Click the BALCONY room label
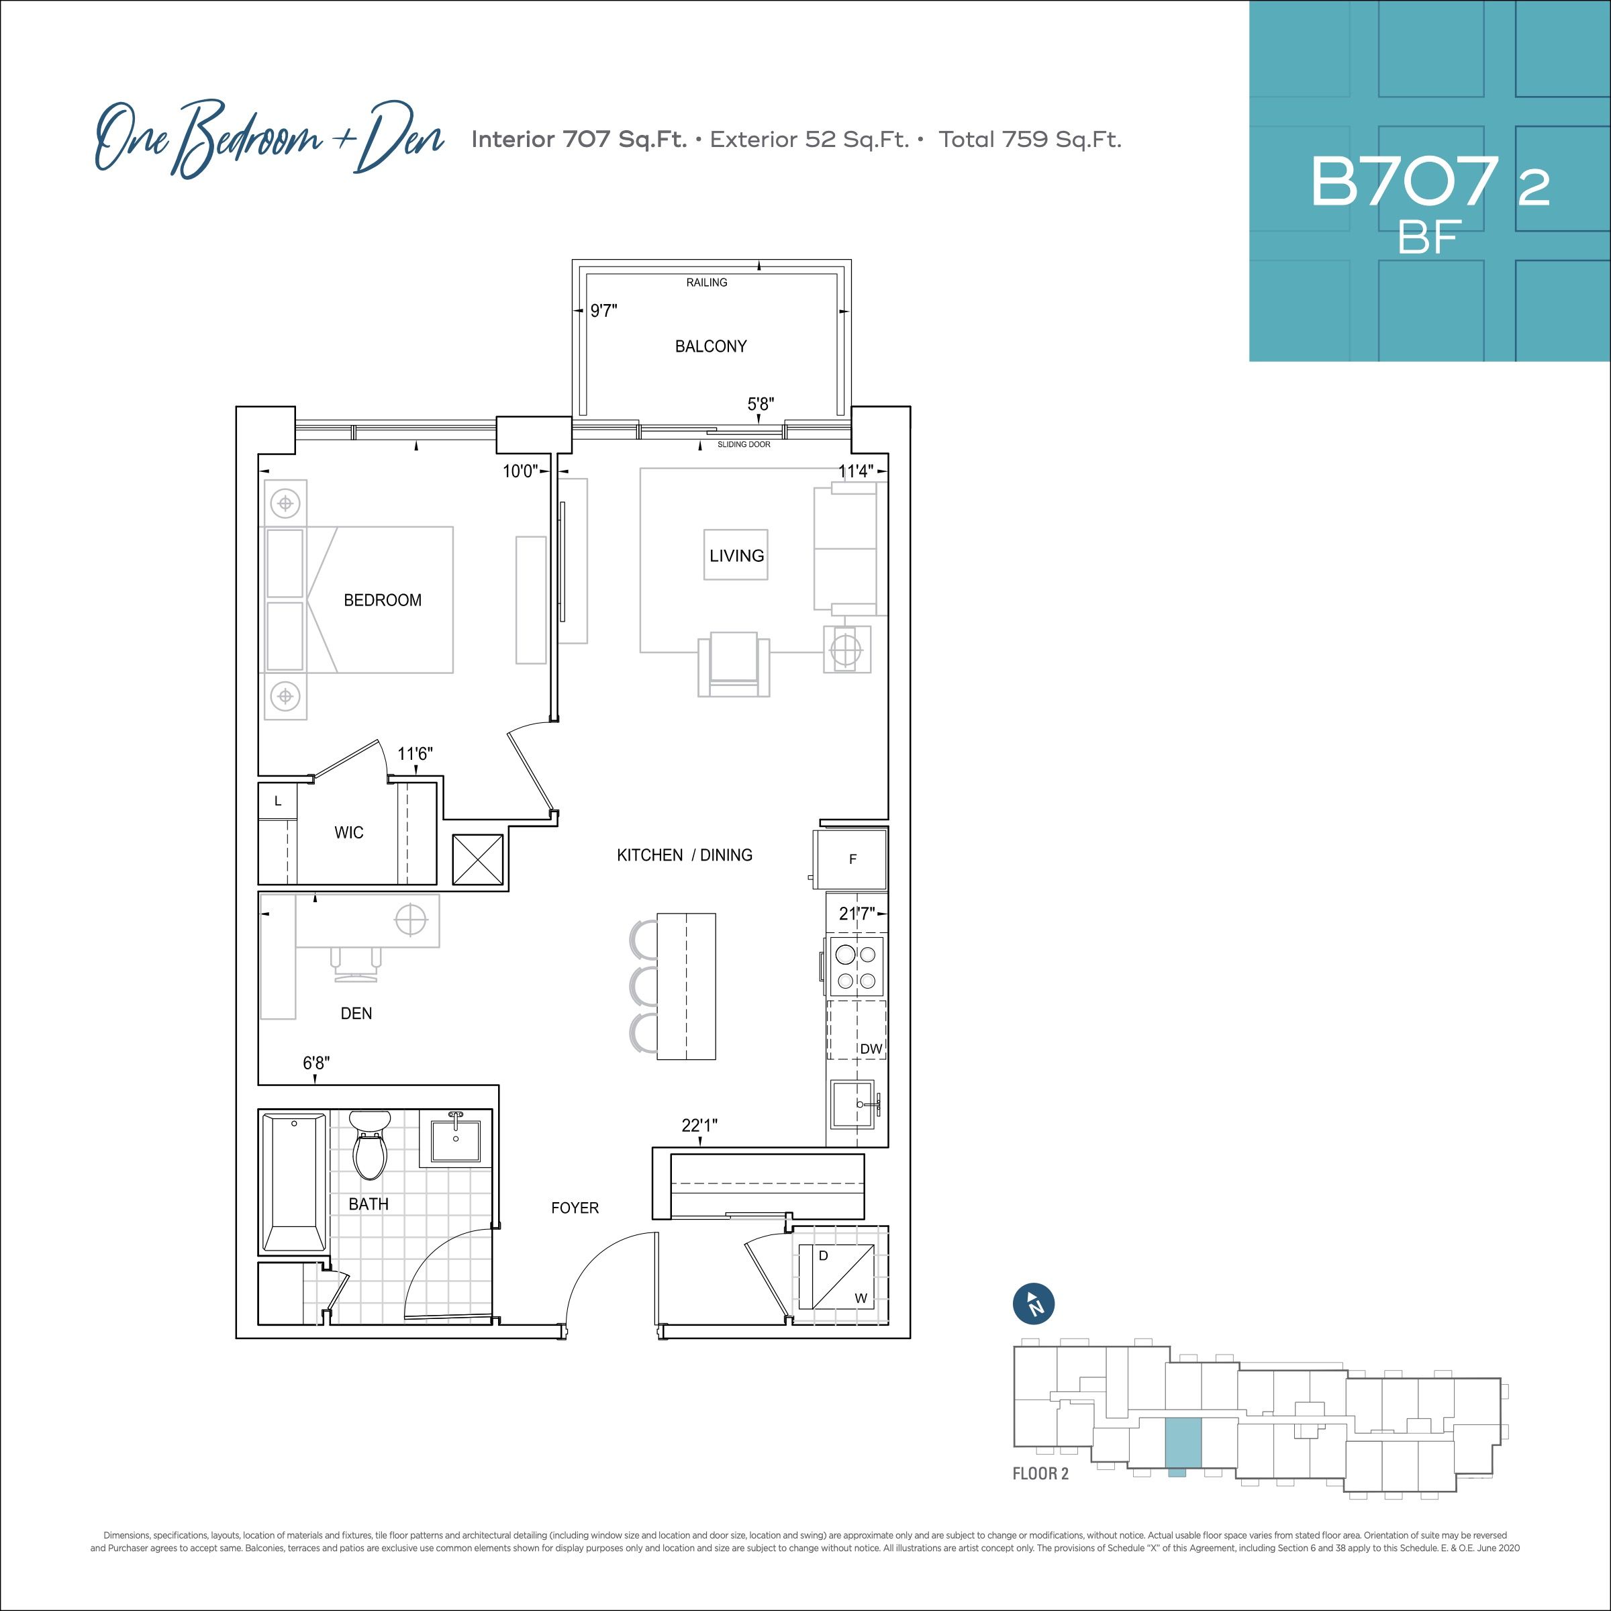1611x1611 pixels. pyautogui.click(x=710, y=346)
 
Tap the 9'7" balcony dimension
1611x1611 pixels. pyautogui.click(x=603, y=311)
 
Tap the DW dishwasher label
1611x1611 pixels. pyautogui.click(x=871, y=1048)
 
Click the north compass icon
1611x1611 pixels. pyautogui.click(x=1034, y=1304)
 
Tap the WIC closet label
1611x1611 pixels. pyautogui.click(x=348, y=832)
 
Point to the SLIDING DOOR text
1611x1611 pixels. pyautogui.click(x=744, y=444)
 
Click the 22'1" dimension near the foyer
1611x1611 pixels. pyautogui.click(x=699, y=1126)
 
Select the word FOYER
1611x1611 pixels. pyautogui.click(x=575, y=1208)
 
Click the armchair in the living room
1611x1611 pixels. pyautogui.click(x=734, y=664)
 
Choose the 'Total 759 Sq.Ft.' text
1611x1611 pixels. pyautogui.click(x=1030, y=139)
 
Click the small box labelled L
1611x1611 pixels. pyautogui.click(x=278, y=801)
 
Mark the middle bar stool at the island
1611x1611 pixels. pyautogui.click(x=643, y=987)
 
